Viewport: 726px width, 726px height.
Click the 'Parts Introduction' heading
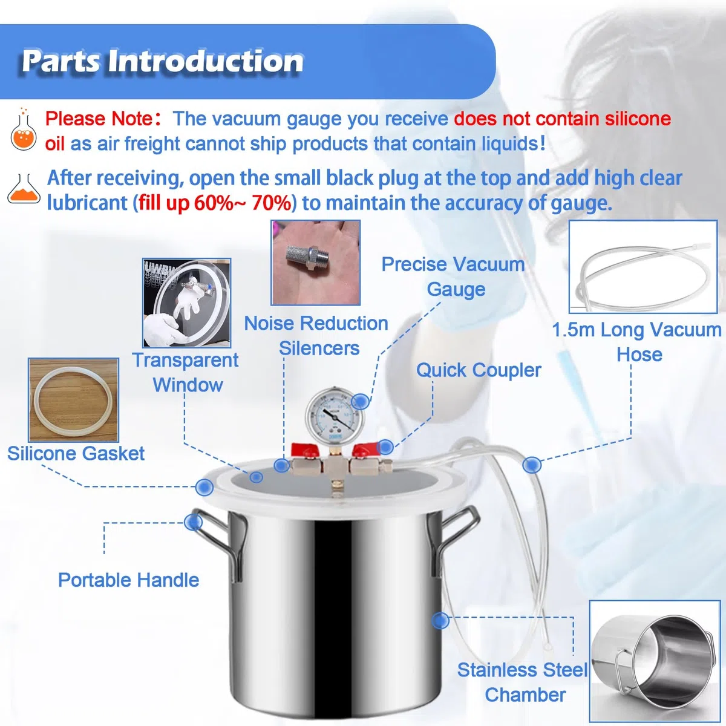163,61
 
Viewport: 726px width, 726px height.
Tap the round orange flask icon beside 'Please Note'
24,130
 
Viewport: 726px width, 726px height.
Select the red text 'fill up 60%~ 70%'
215,203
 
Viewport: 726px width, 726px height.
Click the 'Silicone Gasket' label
76,453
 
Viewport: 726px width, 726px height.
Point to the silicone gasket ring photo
73,400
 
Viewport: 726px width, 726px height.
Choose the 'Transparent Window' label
186,372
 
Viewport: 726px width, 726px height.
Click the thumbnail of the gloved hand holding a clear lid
186,302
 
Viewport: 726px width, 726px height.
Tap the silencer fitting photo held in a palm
316,263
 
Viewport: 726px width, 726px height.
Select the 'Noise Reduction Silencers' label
316,335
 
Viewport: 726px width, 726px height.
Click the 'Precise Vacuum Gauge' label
454,276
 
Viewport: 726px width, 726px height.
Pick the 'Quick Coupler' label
479,370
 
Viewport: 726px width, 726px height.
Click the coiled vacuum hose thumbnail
643,267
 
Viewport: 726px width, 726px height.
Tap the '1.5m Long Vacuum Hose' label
637,342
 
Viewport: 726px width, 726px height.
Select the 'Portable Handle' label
128,580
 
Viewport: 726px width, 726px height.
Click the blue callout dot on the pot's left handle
194,523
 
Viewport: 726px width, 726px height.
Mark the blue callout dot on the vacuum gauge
360,401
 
